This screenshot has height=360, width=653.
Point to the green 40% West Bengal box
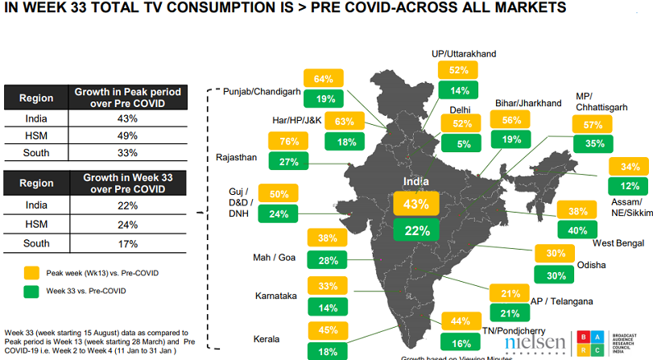click(x=577, y=230)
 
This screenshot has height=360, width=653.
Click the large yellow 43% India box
click(x=416, y=204)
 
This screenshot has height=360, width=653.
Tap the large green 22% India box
click(x=416, y=230)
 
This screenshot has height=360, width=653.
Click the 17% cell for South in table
click(x=127, y=243)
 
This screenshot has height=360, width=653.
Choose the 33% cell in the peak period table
click(x=127, y=151)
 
